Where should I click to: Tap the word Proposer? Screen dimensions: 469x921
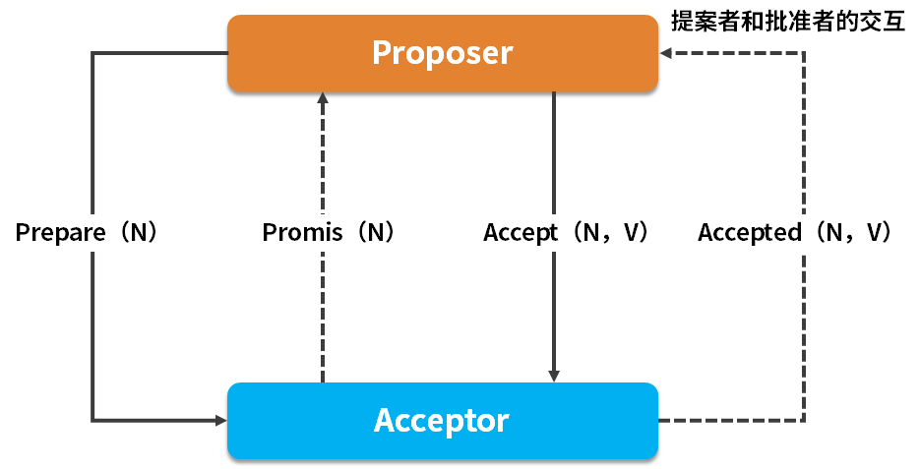442,53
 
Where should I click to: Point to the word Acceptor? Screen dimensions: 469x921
442,421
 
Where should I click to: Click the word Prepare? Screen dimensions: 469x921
61,233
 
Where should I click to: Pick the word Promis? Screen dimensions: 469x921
303,233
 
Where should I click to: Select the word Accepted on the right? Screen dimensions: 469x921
750,233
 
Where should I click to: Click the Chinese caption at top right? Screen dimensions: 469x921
787,22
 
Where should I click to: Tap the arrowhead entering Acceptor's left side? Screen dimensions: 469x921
220,421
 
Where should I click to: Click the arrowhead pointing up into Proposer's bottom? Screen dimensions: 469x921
322,98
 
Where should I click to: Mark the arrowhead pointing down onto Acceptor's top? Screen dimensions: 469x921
554,376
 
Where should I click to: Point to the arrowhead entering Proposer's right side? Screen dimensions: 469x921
666,53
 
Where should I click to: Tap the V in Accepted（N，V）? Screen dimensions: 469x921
873,233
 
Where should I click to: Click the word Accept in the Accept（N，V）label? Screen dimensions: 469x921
522,233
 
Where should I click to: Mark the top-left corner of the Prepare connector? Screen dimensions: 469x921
92,53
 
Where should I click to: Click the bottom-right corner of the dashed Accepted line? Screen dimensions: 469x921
805,421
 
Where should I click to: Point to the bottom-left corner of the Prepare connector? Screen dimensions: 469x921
92,421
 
